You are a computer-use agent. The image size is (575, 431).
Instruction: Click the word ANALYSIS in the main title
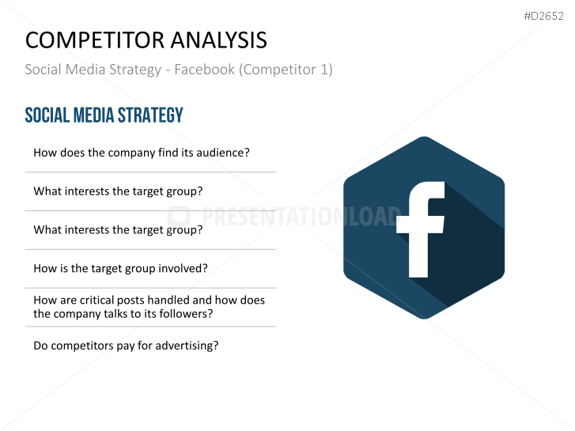coord(218,40)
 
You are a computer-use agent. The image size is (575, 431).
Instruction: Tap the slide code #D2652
coord(543,16)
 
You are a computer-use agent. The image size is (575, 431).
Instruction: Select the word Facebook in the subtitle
coord(204,70)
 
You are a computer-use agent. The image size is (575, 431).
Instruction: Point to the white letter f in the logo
coord(421,229)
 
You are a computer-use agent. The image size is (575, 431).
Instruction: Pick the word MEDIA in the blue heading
coord(94,115)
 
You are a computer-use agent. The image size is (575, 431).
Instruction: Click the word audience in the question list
coord(223,153)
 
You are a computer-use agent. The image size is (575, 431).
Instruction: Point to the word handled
coord(168,300)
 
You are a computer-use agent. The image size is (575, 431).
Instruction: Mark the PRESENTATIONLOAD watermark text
coord(301,216)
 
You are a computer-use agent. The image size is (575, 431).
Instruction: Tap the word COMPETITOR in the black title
coord(95,40)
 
